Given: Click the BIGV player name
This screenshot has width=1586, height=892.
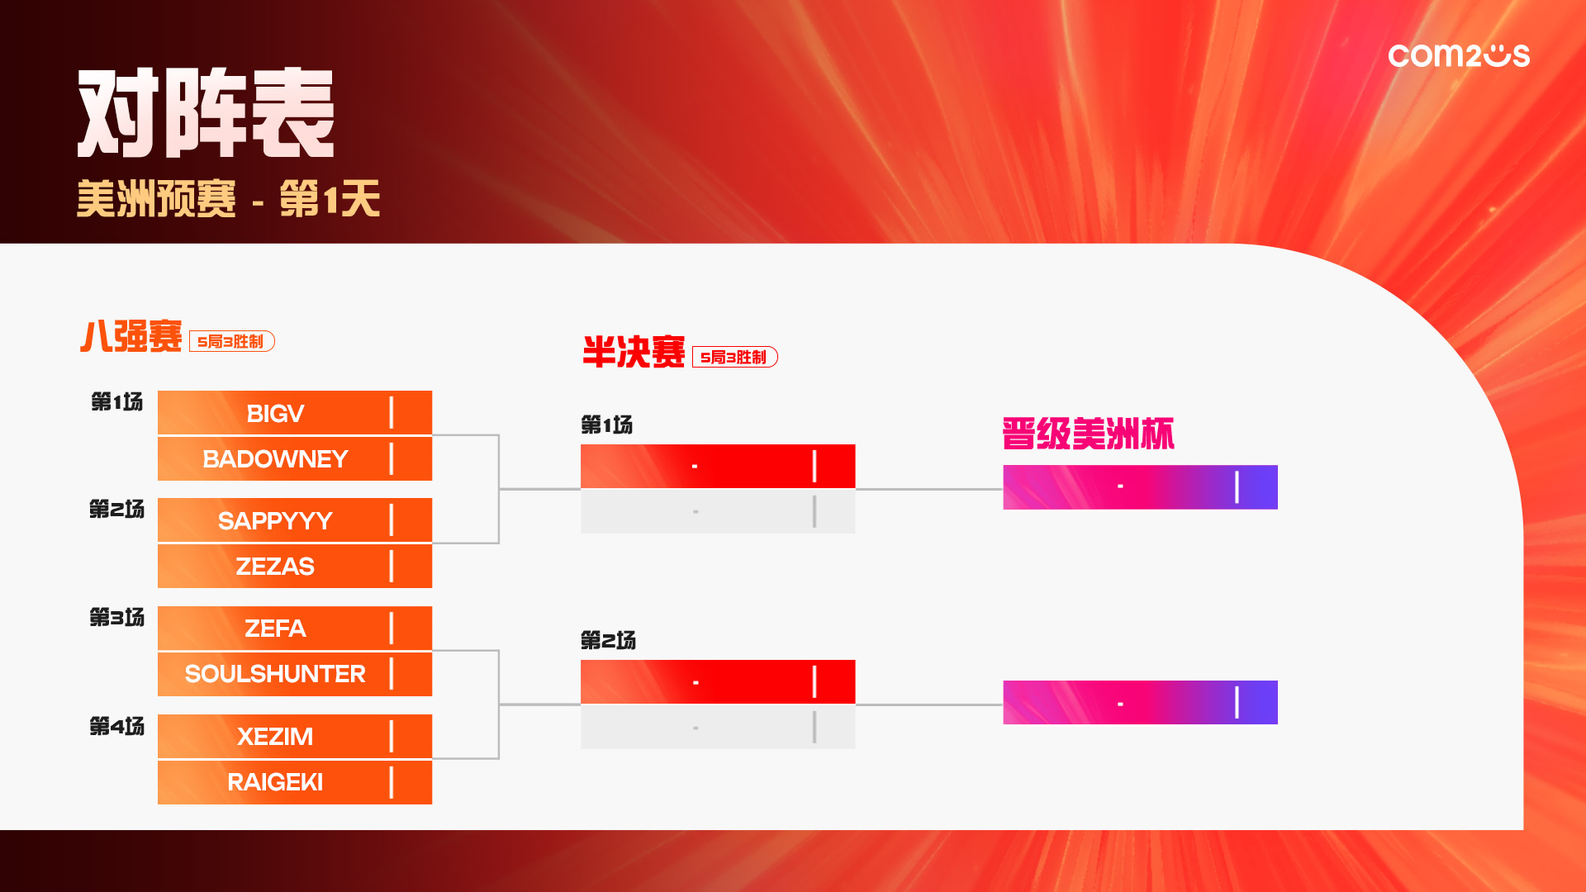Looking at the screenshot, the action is point(275,413).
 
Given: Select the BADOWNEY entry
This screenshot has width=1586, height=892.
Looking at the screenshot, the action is point(275,458).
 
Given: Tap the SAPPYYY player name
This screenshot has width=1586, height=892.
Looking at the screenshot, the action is point(275,520).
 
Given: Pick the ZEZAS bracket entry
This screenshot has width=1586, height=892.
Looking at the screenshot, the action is point(275,566).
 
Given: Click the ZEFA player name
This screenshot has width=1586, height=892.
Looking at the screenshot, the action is point(275,629).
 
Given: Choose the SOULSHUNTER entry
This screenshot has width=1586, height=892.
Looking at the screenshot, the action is point(275,674).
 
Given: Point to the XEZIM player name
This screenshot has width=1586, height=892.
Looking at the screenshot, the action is point(275,736).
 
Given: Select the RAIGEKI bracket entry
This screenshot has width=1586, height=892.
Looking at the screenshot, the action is point(275,781).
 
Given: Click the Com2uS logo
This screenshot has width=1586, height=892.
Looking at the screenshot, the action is point(1459,55).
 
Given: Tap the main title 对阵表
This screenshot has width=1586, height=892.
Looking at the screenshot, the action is point(206,113).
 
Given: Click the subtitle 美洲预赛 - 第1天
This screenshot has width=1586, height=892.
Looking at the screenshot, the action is point(228,199).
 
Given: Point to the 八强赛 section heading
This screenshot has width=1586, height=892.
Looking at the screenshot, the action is point(131,337).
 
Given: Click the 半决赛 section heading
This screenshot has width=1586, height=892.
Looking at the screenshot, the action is point(634,352).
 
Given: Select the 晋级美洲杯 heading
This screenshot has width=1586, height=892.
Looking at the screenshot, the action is point(1088,434).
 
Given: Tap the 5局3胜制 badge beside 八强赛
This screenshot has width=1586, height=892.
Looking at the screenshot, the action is point(232,341).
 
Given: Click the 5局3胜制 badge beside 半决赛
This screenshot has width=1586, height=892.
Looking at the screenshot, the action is point(735,357).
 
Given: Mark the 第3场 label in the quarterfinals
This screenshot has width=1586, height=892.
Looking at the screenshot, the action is point(116,617).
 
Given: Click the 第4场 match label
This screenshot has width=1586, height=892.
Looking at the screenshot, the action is point(116,726).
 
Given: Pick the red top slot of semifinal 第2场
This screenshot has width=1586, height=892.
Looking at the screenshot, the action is point(718,681).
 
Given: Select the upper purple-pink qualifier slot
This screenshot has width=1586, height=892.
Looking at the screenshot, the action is point(1140,487).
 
